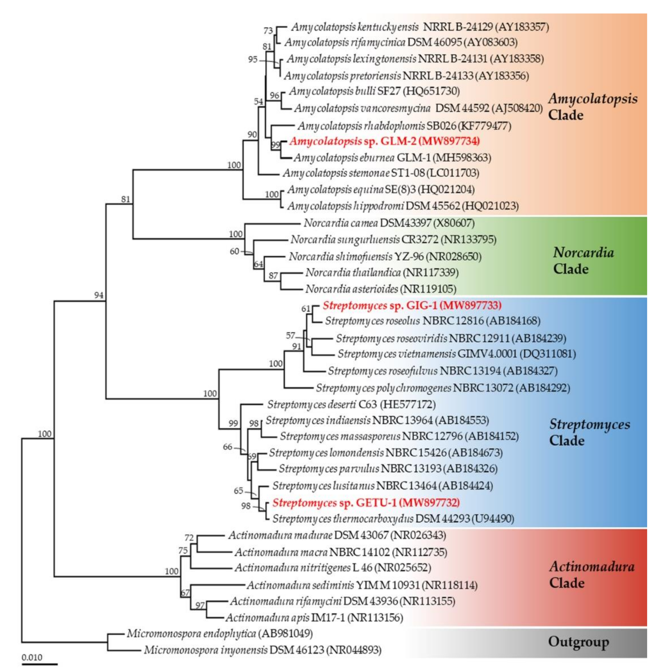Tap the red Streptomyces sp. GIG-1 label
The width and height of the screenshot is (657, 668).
[x=412, y=305]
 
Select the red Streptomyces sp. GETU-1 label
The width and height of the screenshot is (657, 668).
[x=366, y=502]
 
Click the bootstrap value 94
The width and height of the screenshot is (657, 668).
[x=99, y=295]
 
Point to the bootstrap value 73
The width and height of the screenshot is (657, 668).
[x=268, y=31]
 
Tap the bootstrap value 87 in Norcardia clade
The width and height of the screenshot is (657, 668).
[x=273, y=276]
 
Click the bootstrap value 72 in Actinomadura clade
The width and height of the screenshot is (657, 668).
[x=189, y=538]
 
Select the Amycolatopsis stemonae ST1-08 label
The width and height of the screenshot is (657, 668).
[x=381, y=173]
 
